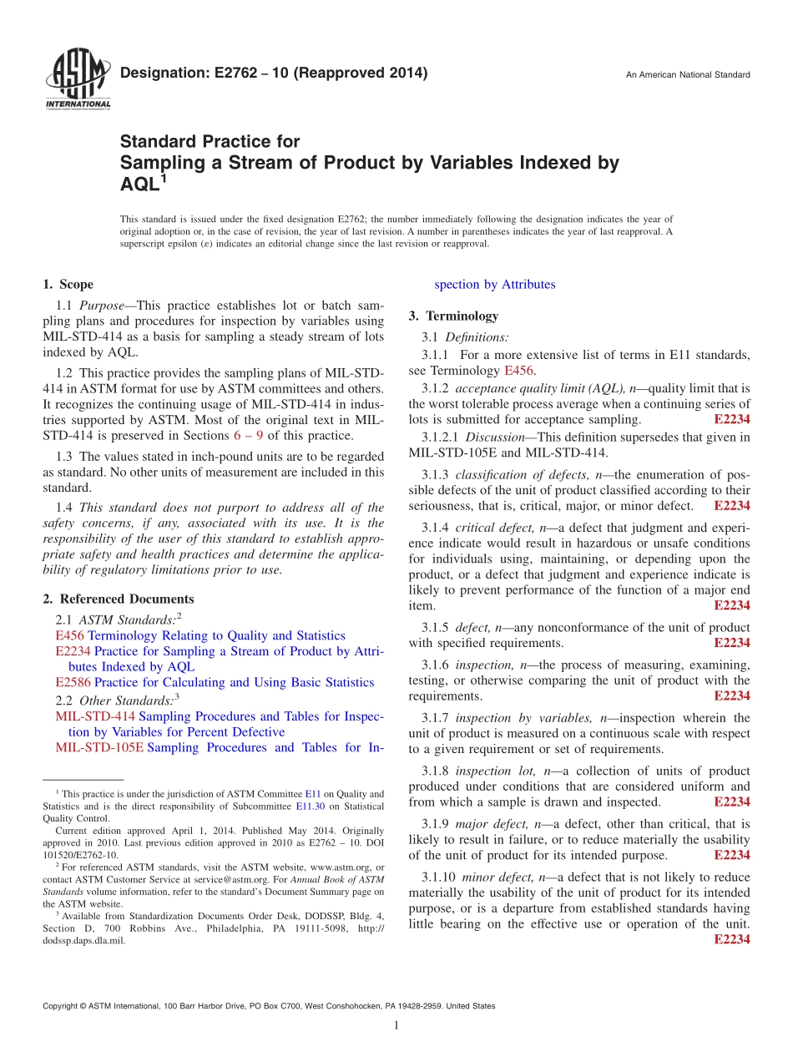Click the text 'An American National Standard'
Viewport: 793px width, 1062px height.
(688, 75)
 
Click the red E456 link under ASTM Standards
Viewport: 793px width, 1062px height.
(68, 636)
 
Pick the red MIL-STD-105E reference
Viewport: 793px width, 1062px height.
(99, 748)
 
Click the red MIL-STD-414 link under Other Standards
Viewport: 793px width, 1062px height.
(95, 716)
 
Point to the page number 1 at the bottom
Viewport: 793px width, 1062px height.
(396, 1025)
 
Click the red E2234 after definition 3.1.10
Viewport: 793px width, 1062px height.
(732, 940)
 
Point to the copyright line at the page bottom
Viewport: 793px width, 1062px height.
(269, 1007)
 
